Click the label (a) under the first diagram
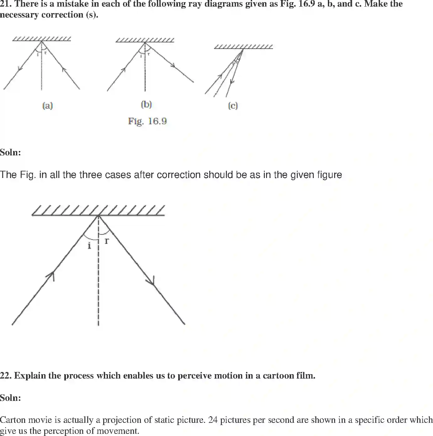(x=47, y=105)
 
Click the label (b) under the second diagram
(x=146, y=104)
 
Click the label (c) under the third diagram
(x=233, y=105)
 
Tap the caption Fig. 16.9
(x=147, y=121)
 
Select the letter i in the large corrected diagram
(x=89, y=245)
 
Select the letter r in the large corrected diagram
(x=107, y=241)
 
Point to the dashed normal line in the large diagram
(x=99, y=283)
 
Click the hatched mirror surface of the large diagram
(x=98, y=211)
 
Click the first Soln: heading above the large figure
(x=10, y=153)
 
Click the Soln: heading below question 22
(x=10, y=398)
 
